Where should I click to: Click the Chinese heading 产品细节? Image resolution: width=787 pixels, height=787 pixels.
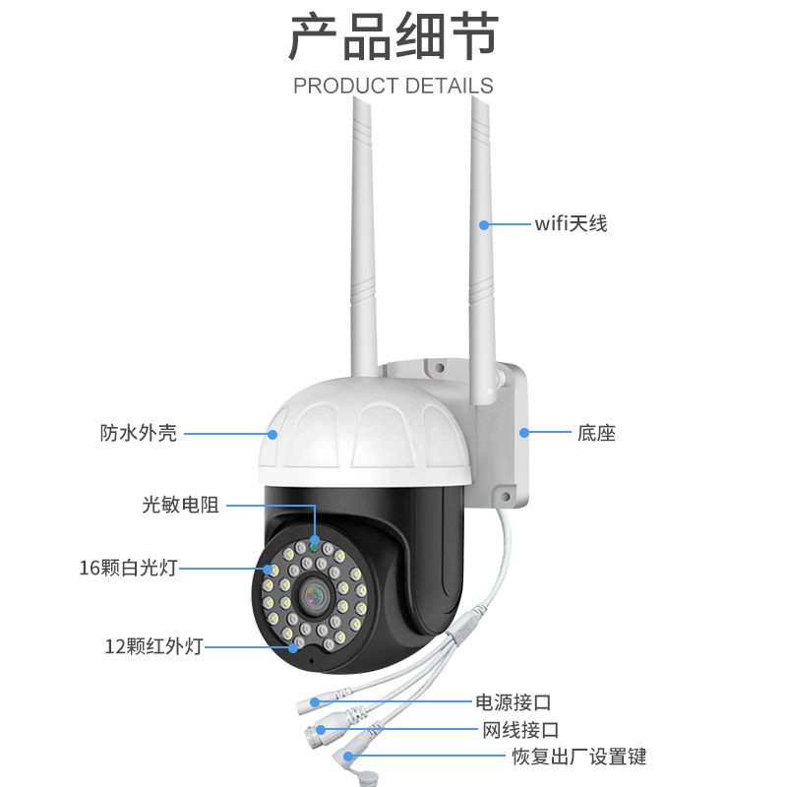pyautogui.click(x=393, y=37)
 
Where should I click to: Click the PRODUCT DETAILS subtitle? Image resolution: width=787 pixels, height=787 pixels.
pyautogui.click(x=393, y=86)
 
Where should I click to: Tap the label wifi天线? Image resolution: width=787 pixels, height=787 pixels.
pyautogui.click(x=571, y=224)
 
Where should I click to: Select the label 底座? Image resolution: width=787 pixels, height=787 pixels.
pyautogui.click(x=596, y=433)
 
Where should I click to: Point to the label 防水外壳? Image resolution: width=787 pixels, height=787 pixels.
pyautogui.click(x=139, y=433)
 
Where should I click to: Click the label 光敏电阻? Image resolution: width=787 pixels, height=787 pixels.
pyautogui.click(x=181, y=505)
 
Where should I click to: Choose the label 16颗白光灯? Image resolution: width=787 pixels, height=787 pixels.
pyautogui.click(x=129, y=568)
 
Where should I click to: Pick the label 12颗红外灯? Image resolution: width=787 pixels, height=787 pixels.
pyautogui.click(x=153, y=646)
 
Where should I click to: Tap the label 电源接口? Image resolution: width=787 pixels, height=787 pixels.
pyautogui.click(x=513, y=702)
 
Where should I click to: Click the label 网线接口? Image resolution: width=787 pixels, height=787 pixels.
pyautogui.click(x=520, y=730)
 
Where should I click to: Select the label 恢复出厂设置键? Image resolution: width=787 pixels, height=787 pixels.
pyautogui.click(x=579, y=757)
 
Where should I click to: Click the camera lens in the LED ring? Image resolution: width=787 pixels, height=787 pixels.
pyautogui.click(x=315, y=597)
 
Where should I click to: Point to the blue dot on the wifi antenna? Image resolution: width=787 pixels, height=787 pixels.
pyautogui.click(x=484, y=225)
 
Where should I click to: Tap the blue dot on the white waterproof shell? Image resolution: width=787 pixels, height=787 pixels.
pyautogui.click(x=272, y=434)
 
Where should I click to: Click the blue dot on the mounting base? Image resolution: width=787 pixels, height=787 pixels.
pyautogui.click(x=524, y=433)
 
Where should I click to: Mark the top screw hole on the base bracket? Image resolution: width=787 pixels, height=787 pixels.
pyautogui.click(x=439, y=368)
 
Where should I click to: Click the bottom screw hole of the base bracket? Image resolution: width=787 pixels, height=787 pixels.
pyautogui.click(x=506, y=497)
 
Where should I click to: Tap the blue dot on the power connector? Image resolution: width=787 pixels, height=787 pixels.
pyautogui.click(x=315, y=702)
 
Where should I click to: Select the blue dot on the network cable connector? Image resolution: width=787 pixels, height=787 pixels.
pyautogui.click(x=321, y=730)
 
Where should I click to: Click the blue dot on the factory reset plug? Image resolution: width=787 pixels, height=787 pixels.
pyautogui.click(x=348, y=757)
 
